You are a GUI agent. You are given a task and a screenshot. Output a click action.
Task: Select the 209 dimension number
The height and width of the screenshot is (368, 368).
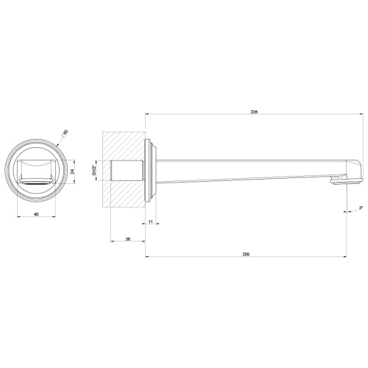[x=246, y=253]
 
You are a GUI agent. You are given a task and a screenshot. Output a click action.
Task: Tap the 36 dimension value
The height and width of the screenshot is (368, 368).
[x=128, y=239]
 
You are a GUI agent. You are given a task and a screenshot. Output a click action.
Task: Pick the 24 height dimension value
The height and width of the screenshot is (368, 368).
[x=72, y=171]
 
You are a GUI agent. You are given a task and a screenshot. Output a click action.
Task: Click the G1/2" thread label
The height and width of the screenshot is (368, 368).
[x=94, y=171]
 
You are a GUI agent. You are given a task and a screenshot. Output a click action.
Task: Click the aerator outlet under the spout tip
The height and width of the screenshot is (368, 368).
[x=341, y=181]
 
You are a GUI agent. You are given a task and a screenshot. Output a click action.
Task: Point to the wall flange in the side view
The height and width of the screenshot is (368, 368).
[x=151, y=169]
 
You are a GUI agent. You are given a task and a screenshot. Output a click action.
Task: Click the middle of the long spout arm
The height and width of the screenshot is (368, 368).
[x=250, y=167]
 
